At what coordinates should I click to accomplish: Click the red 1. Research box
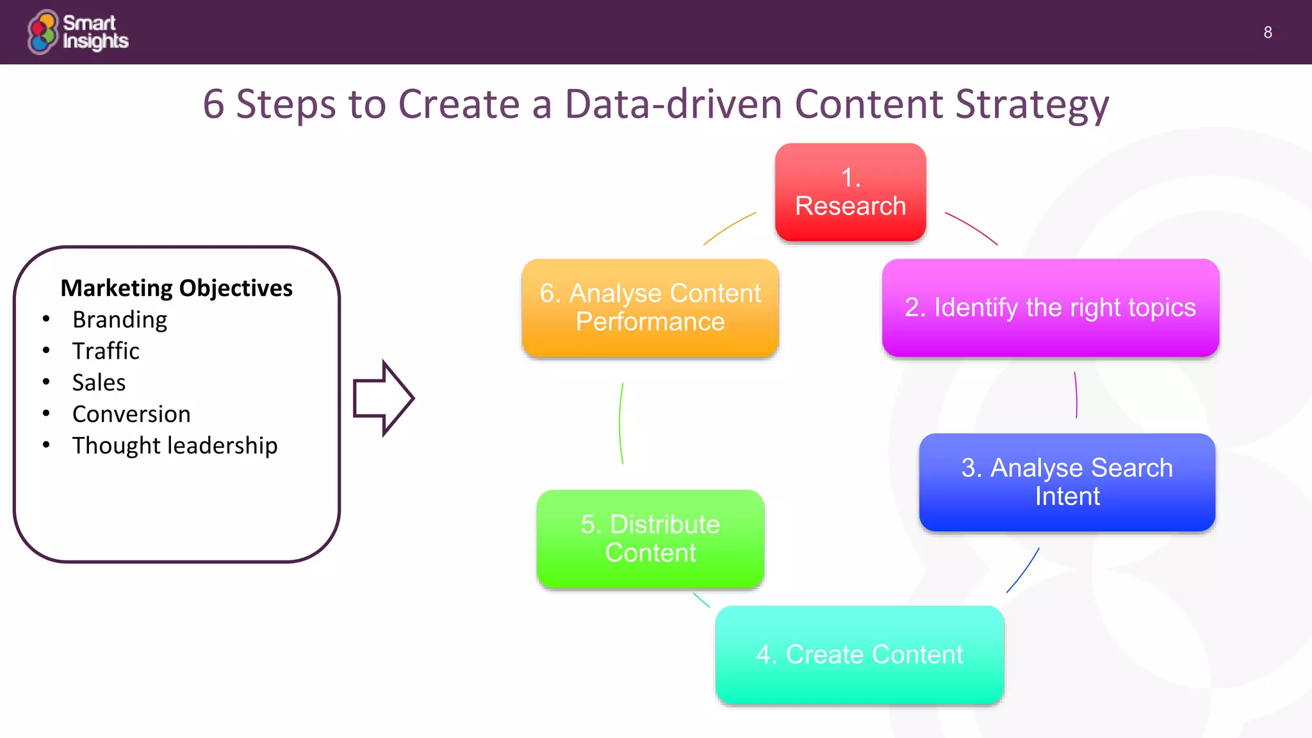[x=850, y=192]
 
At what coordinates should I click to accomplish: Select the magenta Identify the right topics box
[x=1050, y=307]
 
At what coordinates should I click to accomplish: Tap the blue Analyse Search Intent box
[x=1067, y=482]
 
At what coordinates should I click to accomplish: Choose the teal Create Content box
[x=859, y=654]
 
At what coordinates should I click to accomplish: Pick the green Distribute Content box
[x=650, y=538]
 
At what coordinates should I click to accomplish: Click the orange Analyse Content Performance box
[x=650, y=307]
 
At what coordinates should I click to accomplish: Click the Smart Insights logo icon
[x=43, y=32]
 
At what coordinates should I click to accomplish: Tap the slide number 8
[x=1267, y=33]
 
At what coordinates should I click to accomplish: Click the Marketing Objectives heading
[x=176, y=288]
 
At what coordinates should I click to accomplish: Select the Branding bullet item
[x=120, y=320]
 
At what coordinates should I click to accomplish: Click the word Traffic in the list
[x=106, y=351]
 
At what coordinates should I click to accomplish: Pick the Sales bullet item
[x=99, y=382]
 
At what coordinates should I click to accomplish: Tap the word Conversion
[x=131, y=414]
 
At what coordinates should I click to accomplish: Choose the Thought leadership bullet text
[x=175, y=445]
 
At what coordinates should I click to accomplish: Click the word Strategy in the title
[x=1031, y=104]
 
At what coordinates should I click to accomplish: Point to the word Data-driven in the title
[x=673, y=104]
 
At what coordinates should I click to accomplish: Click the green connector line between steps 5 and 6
[x=620, y=423]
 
